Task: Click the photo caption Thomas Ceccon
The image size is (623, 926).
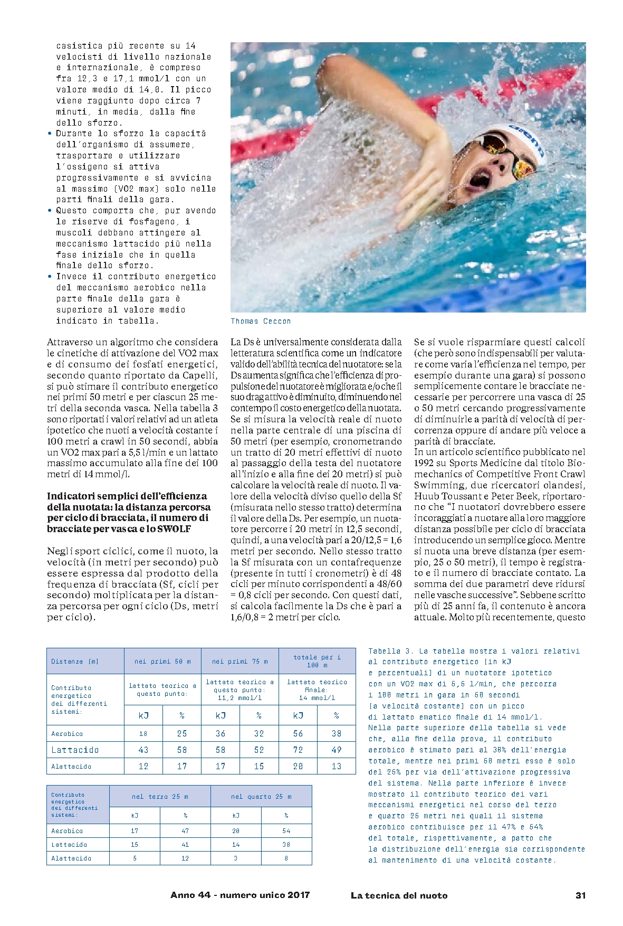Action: click(x=261, y=321)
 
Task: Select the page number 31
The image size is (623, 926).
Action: click(x=580, y=895)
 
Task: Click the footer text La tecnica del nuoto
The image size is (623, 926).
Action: click(x=399, y=895)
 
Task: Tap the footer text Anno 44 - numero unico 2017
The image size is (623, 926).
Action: click(x=240, y=895)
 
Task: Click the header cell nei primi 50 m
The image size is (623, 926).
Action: click(x=162, y=661)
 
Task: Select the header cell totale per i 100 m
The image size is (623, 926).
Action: click(x=317, y=661)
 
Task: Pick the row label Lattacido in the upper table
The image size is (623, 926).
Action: click(x=75, y=750)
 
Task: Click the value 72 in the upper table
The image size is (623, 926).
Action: click(x=298, y=750)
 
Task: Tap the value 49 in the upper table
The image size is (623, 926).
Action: click(x=337, y=750)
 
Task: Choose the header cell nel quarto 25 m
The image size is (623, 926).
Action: click(x=261, y=797)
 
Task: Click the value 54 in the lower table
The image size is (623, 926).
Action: click(x=286, y=831)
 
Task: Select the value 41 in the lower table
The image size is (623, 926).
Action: click(x=185, y=845)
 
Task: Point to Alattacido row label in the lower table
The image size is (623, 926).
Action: click(x=71, y=858)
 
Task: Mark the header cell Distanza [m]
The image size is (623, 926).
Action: click(x=75, y=662)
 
